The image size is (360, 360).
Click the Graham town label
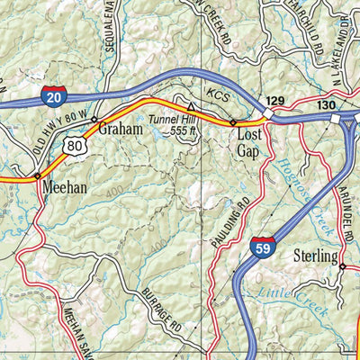tap(121, 130)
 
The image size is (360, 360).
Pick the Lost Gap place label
tap(249, 144)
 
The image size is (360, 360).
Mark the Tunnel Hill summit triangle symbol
tap(190, 106)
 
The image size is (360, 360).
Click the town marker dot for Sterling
tap(342, 266)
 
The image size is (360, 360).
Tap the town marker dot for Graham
tap(94, 118)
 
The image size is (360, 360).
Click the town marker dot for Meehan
tap(38, 175)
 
